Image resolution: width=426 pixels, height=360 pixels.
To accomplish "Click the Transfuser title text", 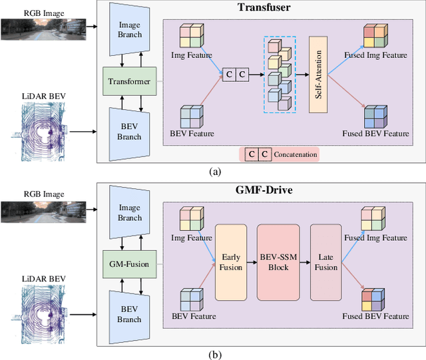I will (262, 8).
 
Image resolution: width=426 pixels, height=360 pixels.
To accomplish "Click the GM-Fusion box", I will (129, 264).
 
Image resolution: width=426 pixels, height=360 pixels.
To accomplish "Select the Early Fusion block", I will (231, 263).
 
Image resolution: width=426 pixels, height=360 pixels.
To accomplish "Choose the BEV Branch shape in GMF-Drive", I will (130, 314).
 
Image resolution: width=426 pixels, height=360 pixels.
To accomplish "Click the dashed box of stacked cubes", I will (280, 74).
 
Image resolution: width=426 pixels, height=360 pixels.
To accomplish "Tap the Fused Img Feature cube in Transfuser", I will (375, 36).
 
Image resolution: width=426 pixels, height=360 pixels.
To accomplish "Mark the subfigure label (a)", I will (214, 172).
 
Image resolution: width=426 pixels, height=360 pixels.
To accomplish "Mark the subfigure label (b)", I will (214, 353).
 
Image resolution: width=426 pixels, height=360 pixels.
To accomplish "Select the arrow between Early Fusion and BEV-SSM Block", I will (252, 263).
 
